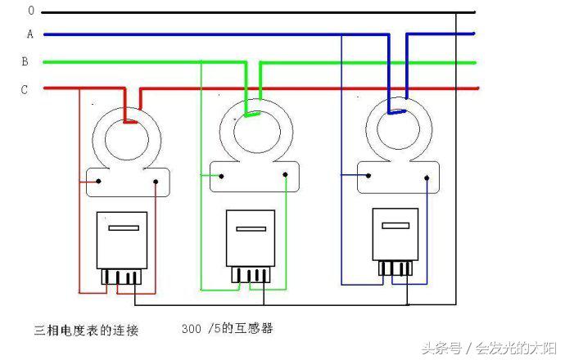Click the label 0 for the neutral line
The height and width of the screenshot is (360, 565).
coord(30,11)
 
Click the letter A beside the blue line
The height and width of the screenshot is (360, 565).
coord(29,34)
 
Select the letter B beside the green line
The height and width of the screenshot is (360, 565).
coord(25,61)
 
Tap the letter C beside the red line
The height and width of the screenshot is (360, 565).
coord(24,89)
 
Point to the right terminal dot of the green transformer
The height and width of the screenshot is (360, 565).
coord(285,174)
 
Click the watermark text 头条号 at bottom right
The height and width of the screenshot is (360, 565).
coord(442,347)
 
